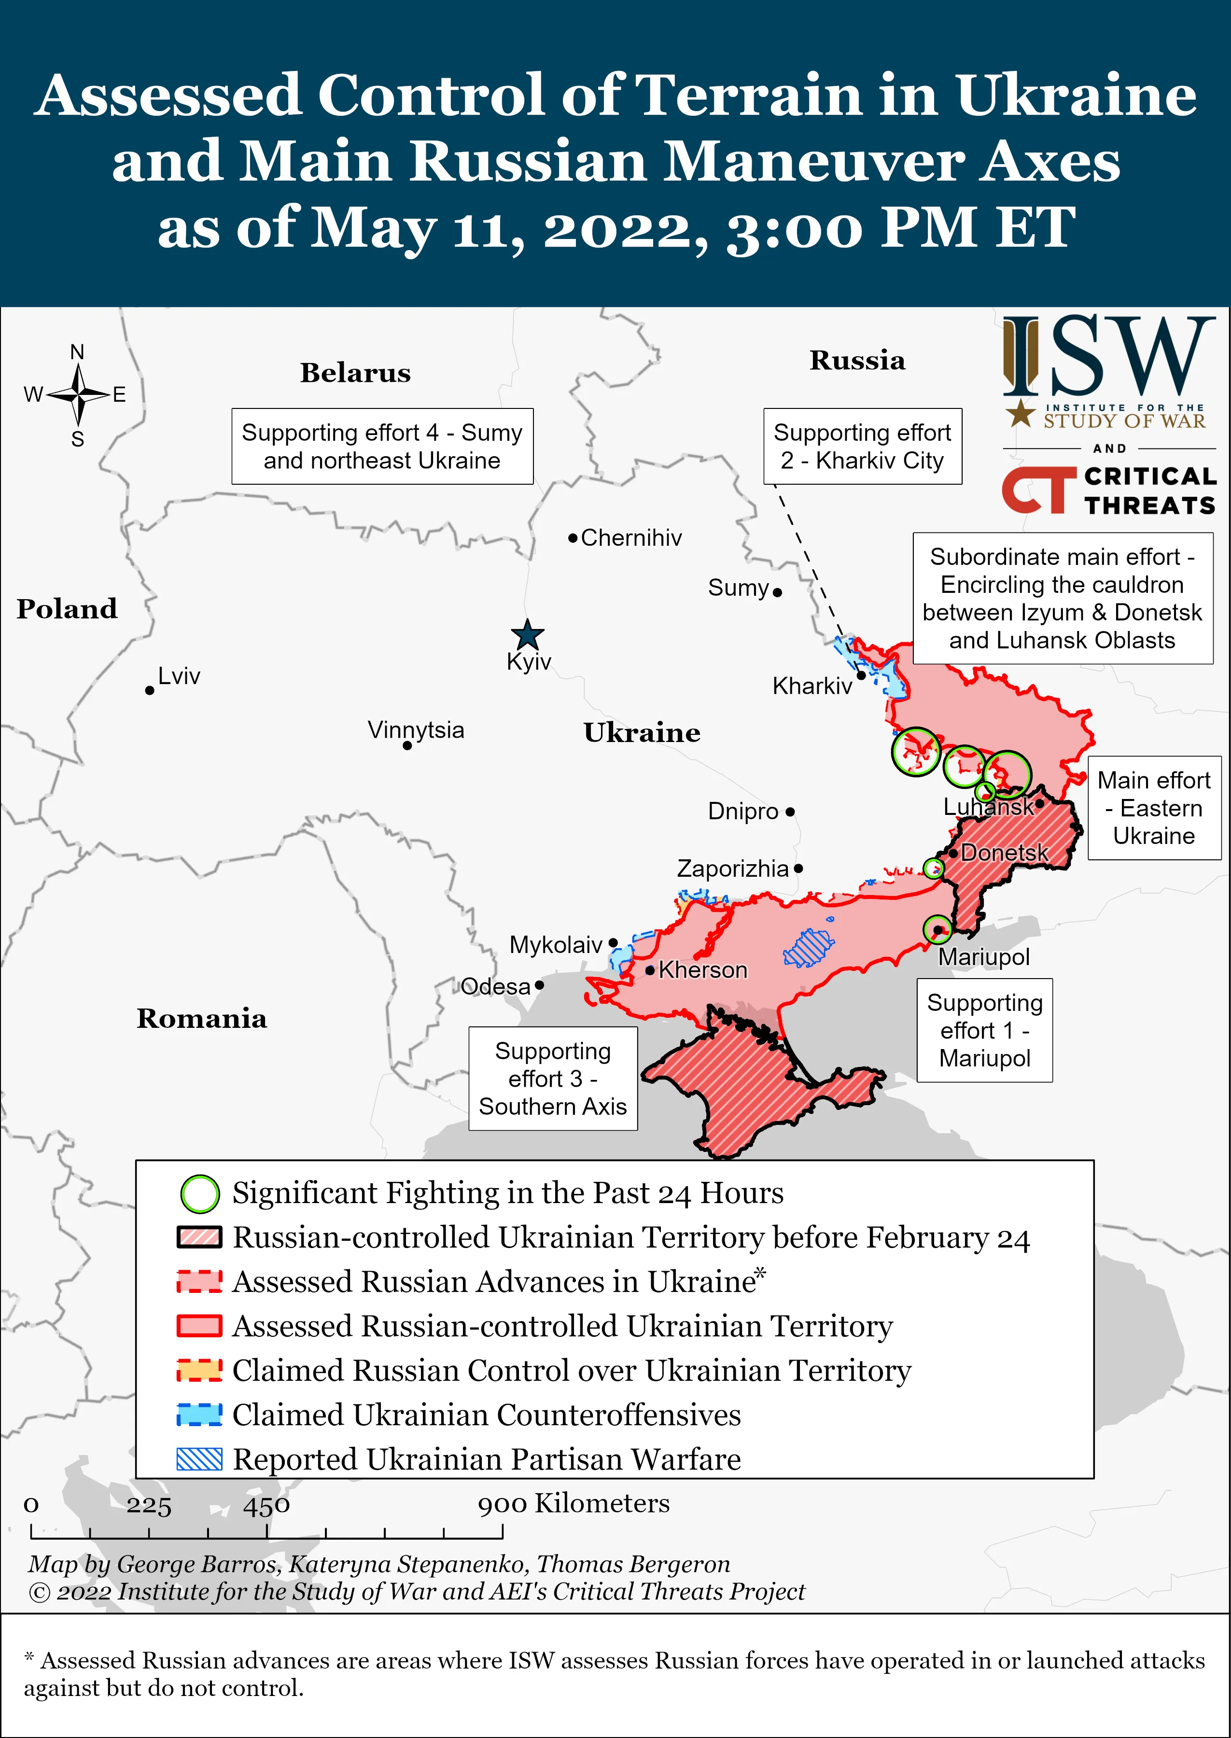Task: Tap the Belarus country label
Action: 355,373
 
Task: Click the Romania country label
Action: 202,1019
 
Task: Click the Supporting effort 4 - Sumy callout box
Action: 382,447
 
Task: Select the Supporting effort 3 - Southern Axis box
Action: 553,1079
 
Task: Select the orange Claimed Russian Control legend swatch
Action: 199,1371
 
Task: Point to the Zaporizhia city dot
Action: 798,869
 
